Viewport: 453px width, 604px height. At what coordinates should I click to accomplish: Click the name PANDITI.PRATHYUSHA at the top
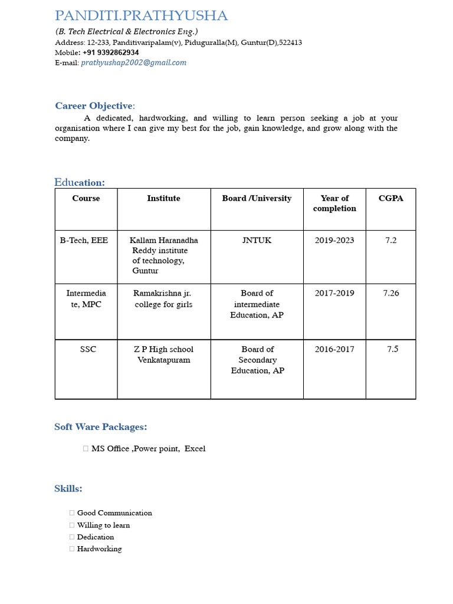coord(141,16)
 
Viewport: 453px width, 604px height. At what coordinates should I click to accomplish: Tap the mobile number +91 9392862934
coord(111,52)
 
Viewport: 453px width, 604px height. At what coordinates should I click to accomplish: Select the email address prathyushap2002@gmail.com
coord(133,63)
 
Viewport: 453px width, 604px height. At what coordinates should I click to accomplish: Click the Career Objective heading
coord(94,106)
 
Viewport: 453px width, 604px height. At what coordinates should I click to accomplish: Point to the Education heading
coord(80,182)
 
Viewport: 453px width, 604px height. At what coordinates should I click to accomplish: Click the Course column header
coord(86,199)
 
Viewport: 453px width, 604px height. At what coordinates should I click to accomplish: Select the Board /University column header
coord(257,199)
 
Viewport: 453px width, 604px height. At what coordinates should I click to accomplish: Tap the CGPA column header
coord(390,199)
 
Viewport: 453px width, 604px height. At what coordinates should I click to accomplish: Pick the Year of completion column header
coord(334,203)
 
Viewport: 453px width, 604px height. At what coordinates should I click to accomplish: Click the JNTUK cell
coord(257,241)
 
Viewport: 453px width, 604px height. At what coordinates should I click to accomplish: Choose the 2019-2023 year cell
coord(334,241)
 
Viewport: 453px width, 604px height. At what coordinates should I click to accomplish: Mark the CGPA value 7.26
coord(390,293)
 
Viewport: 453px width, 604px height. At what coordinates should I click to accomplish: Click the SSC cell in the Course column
coord(88,349)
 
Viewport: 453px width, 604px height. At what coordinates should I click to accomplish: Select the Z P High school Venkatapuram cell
coord(163,354)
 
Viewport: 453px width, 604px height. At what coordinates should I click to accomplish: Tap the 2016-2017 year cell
coord(334,349)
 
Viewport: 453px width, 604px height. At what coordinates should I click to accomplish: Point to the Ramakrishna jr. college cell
coord(163,298)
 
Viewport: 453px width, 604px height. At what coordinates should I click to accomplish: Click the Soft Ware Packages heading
coord(100,427)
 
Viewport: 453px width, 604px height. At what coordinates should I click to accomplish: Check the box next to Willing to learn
coord(72,525)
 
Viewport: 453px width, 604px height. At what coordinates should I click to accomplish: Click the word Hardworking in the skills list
coord(99,549)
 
